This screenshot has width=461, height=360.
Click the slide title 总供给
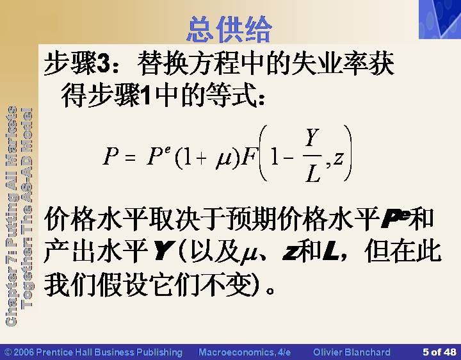coord(230,29)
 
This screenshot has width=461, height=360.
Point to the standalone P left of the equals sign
coord(111,156)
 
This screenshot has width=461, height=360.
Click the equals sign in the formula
coord(130,158)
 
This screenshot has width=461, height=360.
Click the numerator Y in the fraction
coord(312,138)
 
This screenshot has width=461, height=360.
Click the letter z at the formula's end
coord(338,158)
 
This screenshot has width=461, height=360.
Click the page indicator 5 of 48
coord(439,352)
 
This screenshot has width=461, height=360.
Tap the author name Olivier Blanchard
coord(352,352)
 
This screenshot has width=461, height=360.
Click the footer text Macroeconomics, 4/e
coord(245,352)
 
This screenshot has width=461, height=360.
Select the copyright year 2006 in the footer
coord(24,352)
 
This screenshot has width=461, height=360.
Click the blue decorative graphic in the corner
coord(440,19)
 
